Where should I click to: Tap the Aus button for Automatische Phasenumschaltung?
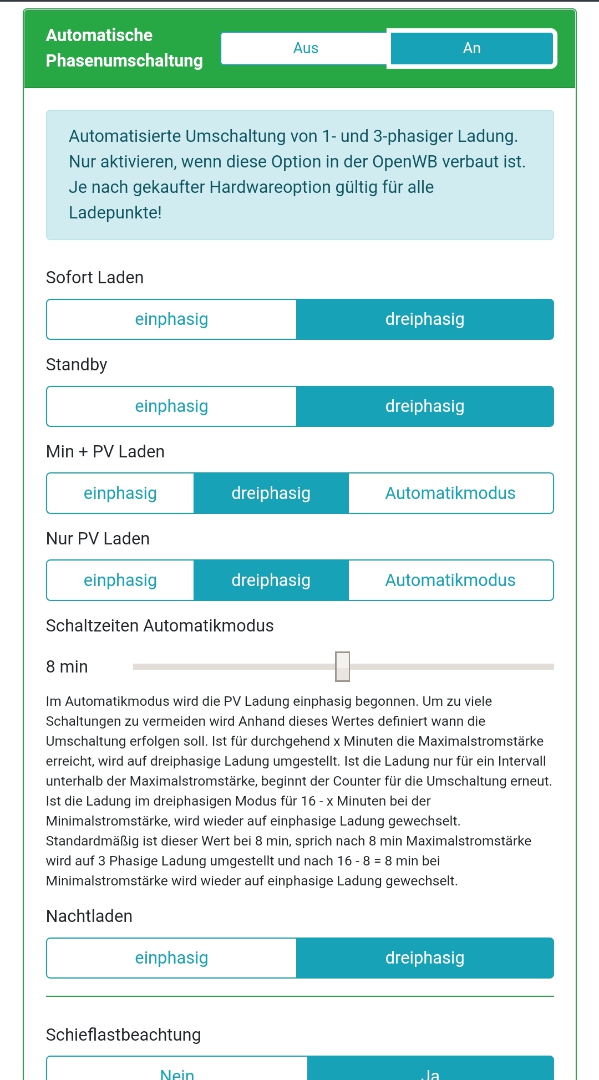tap(306, 48)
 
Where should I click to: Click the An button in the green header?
tap(471, 48)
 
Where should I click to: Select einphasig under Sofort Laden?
tap(171, 319)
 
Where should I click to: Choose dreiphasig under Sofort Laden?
tap(425, 319)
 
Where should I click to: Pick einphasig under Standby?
tap(171, 406)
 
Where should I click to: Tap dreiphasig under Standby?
tap(425, 406)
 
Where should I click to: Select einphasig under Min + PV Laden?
tap(120, 493)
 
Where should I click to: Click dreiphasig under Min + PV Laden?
tap(271, 493)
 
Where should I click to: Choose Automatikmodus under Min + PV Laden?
tap(450, 493)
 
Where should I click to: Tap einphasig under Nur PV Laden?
tap(120, 580)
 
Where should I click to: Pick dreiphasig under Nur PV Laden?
tap(271, 580)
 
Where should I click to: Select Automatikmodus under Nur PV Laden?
tap(450, 580)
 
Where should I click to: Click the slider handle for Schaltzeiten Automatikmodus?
tap(343, 666)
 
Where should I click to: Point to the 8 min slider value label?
tap(67, 666)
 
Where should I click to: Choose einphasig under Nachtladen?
tap(171, 958)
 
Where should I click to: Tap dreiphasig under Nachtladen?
tap(425, 958)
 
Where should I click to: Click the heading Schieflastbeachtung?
tap(123, 1035)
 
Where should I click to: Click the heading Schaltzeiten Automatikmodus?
tap(160, 626)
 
